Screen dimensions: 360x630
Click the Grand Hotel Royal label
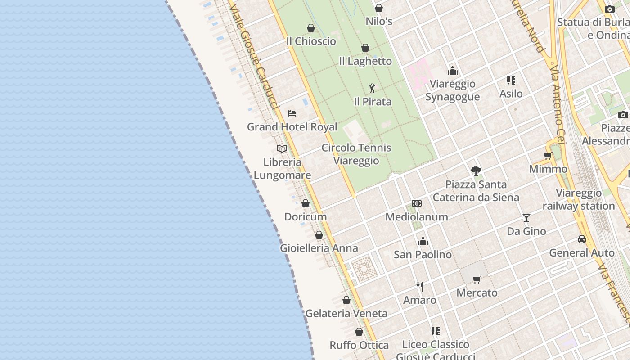(x=292, y=127)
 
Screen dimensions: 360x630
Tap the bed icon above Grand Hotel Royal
(x=292, y=113)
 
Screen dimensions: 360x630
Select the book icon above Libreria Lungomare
(x=282, y=148)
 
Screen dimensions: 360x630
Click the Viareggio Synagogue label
(x=452, y=90)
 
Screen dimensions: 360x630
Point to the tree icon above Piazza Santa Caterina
(x=476, y=171)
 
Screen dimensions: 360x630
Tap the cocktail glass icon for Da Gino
(x=526, y=218)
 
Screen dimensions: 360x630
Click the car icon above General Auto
(x=582, y=239)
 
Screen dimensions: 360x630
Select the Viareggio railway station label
(x=579, y=199)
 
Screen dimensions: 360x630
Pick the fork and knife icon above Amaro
(x=420, y=287)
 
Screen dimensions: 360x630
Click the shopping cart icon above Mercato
(x=477, y=279)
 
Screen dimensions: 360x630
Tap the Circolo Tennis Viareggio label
(x=356, y=154)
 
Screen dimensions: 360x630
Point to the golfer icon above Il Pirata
(x=372, y=88)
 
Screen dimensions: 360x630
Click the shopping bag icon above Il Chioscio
(x=311, y=28)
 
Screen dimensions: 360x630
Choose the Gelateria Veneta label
(x=346, y=313)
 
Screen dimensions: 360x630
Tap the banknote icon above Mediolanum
(x=417, y=203)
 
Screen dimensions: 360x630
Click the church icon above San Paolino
(x=423, y=241)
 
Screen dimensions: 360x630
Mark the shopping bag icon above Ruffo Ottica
(x=359, y=332)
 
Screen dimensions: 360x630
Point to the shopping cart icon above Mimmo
(x=548, y=156)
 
